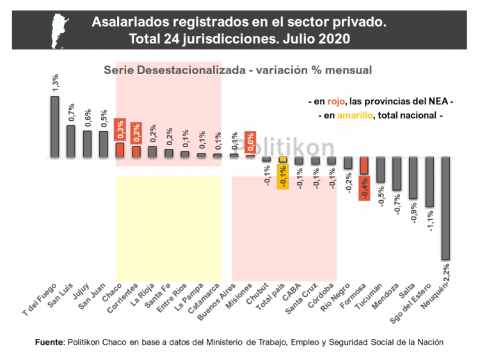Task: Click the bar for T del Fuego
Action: coord(54,126)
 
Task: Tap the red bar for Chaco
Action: coord(120,150)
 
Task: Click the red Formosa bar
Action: coord(364,166)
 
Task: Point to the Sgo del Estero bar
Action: coord(429,182)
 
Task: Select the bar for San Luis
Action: coord(71,141)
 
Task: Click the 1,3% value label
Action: coord(56,82)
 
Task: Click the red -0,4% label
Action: coord(364,189)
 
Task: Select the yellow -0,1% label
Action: coord(283,176)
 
